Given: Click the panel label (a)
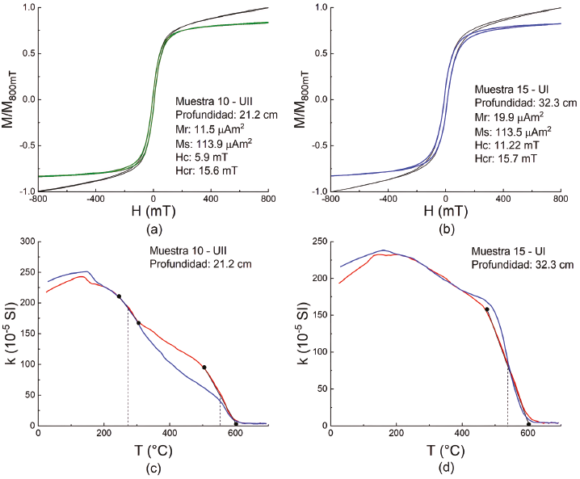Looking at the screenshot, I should click(x=153, y=228).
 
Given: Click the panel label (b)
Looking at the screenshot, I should click(x=445, y=228).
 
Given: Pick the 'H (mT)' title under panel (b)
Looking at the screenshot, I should click(x=445, y=210).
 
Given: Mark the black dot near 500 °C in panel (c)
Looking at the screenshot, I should click(x=204, y=368).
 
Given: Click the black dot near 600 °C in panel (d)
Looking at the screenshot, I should click(x=528, y=424).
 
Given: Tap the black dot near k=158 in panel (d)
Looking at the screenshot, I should click(x=486, y=309).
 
